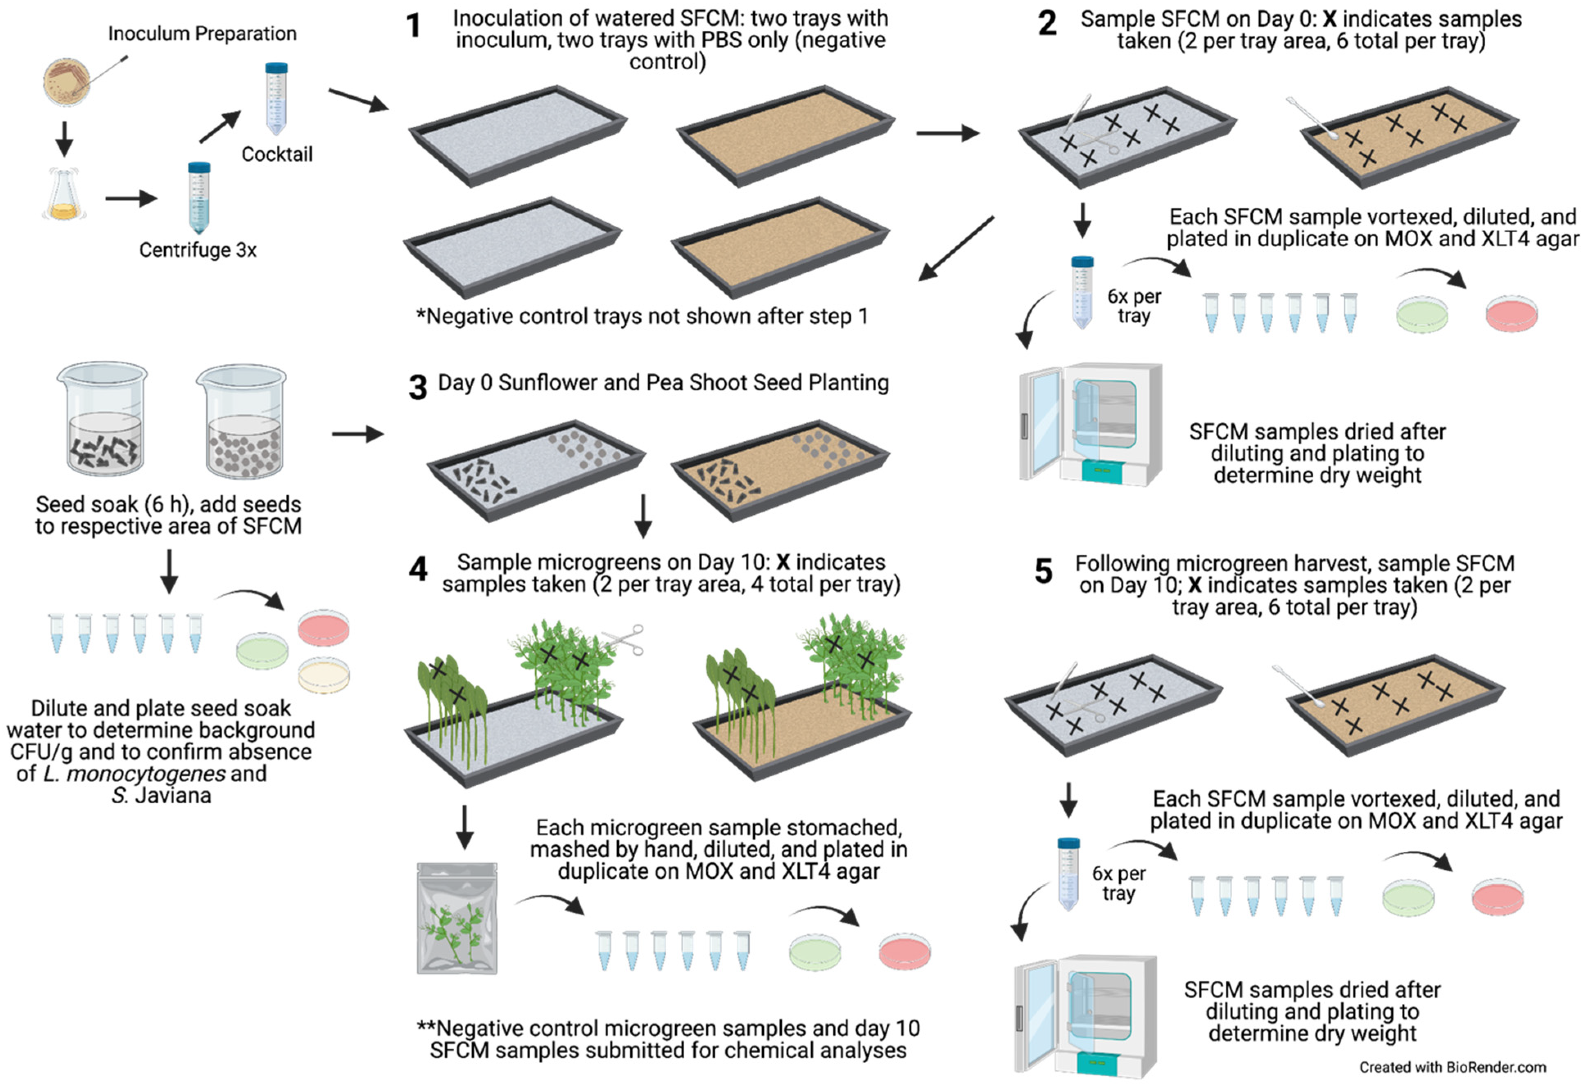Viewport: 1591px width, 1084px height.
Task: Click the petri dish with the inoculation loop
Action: coord(67,80)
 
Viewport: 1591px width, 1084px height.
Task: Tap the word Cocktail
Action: coord(276,154)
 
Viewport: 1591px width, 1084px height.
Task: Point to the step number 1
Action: coord(413,26)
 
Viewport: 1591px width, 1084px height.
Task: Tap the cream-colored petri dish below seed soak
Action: coord(323,674)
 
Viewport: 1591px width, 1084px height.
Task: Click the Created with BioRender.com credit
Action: coord(1452,1067)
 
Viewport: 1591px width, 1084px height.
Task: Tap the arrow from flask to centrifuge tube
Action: coord(131,199)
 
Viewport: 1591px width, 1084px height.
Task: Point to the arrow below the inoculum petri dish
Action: coord(64,139)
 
